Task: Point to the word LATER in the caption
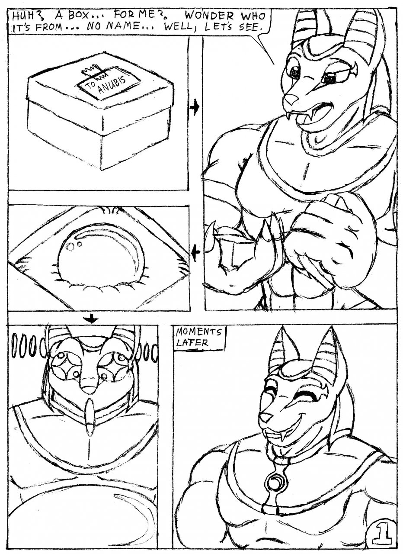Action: point(192,343)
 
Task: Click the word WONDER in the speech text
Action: point(210,16)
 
